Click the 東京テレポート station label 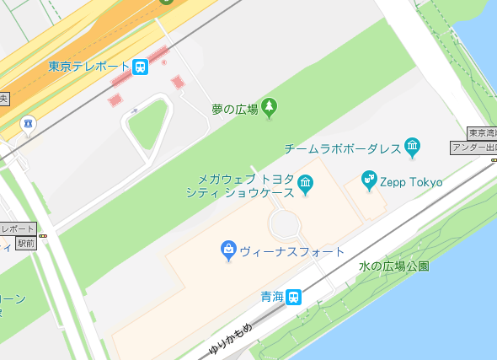click(x=88, y=67)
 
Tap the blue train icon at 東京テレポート click(x=140, y=67)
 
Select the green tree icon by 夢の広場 click(x=269, y=107)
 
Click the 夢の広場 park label click(x=234, y=109)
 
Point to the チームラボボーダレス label click(x=342, y=148)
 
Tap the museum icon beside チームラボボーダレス click(x=412, y=148)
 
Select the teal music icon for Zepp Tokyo click(x=368, y=179)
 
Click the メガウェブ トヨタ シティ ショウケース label click(x=245, y=185)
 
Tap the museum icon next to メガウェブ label click(x=305, y=184)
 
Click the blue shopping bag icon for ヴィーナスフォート click(x=227, y=250)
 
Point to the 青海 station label click(x=270, y=297)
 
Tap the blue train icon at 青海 click(x=293, y=297)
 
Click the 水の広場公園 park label click(x=393, y=266)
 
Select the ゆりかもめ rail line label click(x=230, y=338)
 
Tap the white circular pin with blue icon click(x=29, y=124)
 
